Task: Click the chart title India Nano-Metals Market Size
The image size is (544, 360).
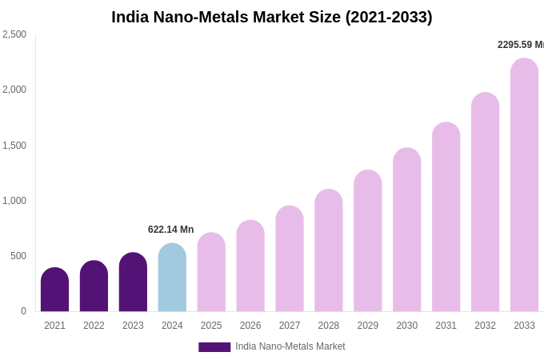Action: click(272, 17)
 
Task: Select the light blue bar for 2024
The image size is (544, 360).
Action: click(172, 278)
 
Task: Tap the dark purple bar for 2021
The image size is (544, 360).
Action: click(54, 290)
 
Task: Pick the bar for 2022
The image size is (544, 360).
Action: click(94, 286)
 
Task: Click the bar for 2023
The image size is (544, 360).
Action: click(133, 282)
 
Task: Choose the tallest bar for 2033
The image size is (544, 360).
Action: click(524, 185)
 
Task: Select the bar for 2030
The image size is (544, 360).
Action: click(406, 230)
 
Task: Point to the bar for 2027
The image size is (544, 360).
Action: click(290, 258)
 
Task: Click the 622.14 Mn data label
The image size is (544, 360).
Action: click(170, 230)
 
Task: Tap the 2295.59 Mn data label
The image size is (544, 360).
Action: click(520, 45)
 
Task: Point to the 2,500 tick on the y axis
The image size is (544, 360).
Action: click(14, 34)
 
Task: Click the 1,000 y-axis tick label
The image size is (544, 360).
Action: click(14, 201)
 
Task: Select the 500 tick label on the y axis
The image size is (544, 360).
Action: click(18, 256)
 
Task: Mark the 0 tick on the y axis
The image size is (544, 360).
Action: click(23, 311)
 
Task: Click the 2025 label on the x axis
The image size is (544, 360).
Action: click(211, 326)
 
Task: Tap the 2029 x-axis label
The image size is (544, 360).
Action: click(367, 326)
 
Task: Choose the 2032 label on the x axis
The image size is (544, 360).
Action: click(485, 326)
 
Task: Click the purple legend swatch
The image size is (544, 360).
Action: click(214, 347)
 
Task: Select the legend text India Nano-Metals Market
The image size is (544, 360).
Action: click(290, 346)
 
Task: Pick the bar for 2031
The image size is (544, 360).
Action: click(446, 217)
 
